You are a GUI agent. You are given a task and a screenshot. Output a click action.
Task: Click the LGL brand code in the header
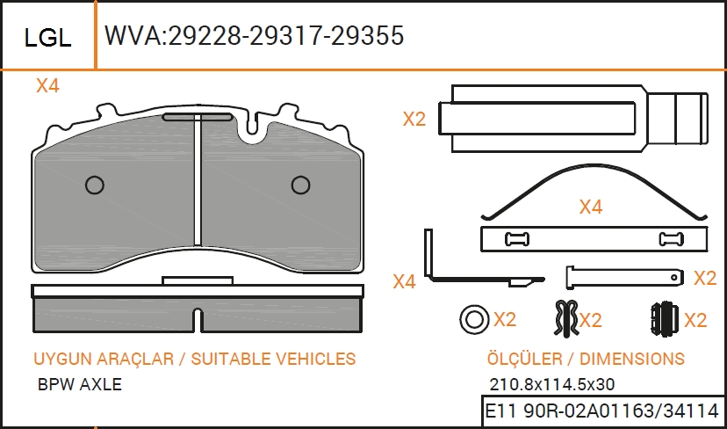pyautogui.click(x=47, y=38)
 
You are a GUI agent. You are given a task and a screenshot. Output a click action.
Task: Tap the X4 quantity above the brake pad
pyautogui.click(x=47, y=86)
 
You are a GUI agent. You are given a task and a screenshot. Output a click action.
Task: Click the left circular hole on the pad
pyautogui.click(x=95, y=185)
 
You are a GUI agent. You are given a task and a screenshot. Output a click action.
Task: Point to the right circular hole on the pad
pyautogui.click(x=300, y=185)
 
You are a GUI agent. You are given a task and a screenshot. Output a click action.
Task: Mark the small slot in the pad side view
pyautogui.click(x=198, y=320)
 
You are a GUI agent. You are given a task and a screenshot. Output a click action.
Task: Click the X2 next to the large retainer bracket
pyautogui.click(x=414, y=120)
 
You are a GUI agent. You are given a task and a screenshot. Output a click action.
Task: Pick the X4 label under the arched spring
pyautogui.click(x=591, y=207)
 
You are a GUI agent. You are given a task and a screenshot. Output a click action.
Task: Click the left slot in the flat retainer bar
pyautogui.click(x=517, y=239)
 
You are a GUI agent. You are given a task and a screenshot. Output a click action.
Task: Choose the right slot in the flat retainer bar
pyautogui.click(x=671, y=239)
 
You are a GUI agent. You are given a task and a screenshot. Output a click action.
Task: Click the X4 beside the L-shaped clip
pyautogui.click(x=404, y=282)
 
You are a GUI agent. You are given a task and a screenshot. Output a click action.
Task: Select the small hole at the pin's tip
pyautogui.click(x=674, y=277)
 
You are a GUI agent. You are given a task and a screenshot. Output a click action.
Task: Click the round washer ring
pyautogui.click(x=474, y=320)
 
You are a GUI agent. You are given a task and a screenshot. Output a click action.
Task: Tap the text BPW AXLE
pyautogui.click(x=80, y=384)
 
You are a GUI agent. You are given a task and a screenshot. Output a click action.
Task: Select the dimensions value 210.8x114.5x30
pyautogui.click(x=551, y=384)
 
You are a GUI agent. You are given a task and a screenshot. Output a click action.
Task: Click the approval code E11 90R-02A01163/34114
pyautogui.click(x=601, y=411)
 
